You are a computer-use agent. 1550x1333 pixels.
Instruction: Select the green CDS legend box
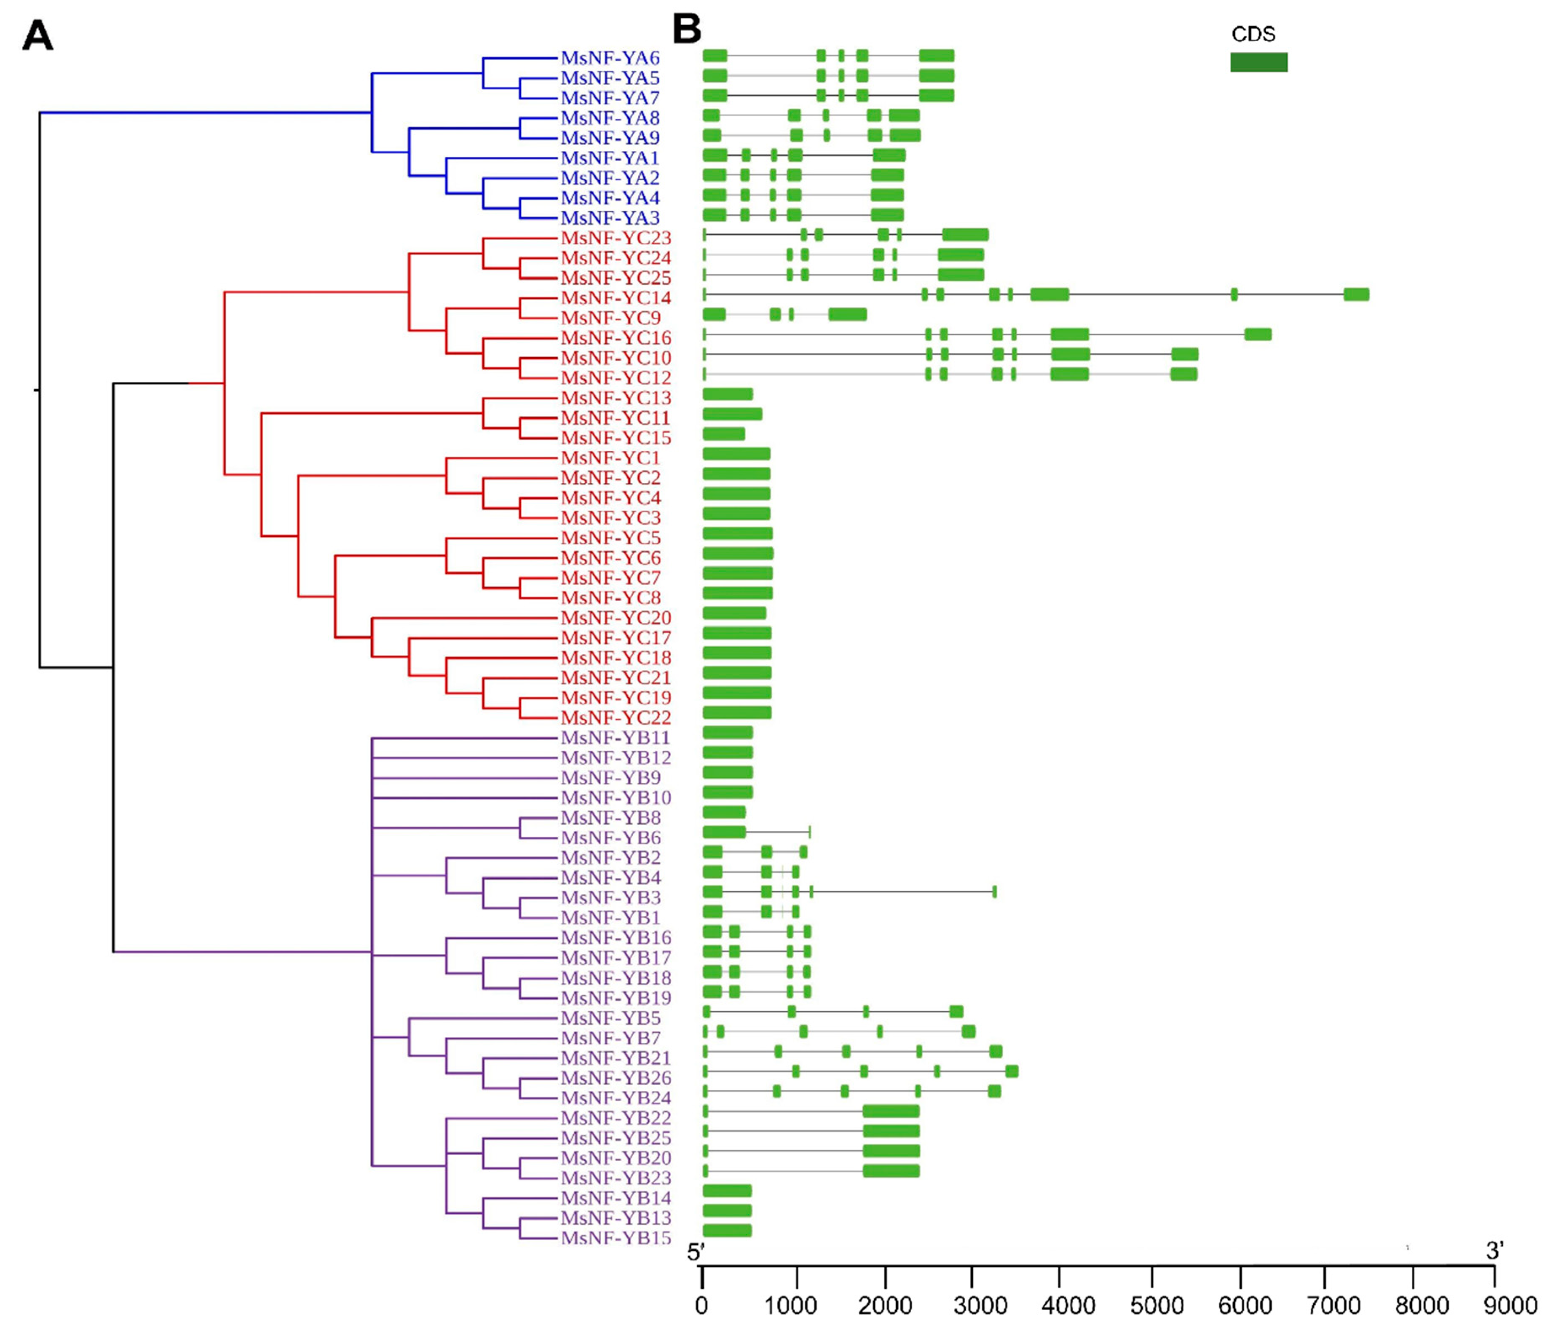1258,62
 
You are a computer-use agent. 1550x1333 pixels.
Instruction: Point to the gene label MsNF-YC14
616,298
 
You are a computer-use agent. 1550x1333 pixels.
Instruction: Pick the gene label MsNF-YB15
616,1238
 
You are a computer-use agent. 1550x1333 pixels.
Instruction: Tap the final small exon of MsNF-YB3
994,891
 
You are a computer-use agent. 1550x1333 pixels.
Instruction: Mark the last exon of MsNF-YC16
1258,335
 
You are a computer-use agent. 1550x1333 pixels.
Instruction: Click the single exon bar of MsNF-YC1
736,454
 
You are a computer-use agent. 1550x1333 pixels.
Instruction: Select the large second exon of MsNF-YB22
891,1111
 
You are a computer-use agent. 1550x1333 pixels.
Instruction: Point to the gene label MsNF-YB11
616,738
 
